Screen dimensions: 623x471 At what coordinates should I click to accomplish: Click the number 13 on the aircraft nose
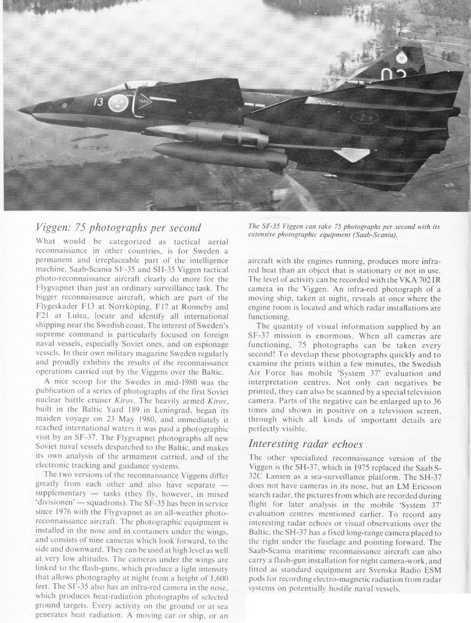pyautogui.click(x=99, y=102)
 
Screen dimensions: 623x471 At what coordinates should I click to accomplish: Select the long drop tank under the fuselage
pyautogui.click(x=219, y=153)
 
